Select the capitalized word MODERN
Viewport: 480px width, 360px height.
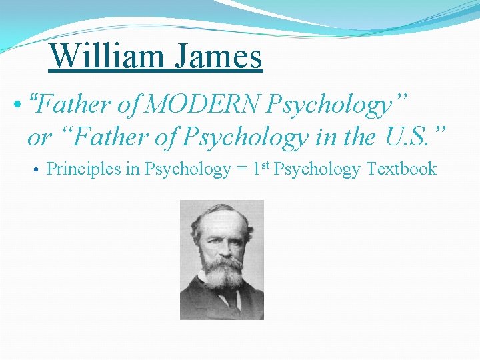[204, 105]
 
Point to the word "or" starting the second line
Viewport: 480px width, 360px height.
[39, 138]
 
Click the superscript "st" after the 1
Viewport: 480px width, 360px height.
[265, 165]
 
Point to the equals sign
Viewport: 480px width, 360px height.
[242, 170]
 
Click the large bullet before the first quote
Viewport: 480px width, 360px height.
[17, 105]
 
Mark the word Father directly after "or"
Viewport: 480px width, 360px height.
[94, 137]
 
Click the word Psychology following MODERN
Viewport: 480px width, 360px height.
[329, 105]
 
